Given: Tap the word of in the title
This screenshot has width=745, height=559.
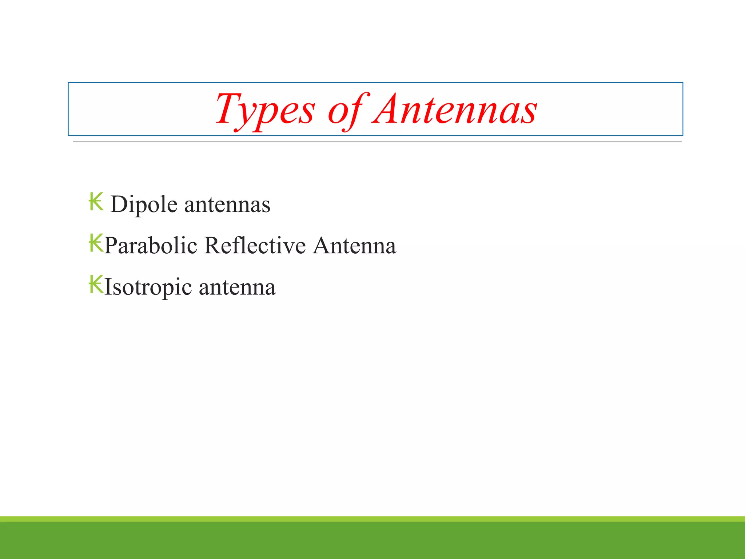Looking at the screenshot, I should click(348, 110).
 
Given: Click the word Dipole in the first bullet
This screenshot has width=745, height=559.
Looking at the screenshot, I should click(144, 205).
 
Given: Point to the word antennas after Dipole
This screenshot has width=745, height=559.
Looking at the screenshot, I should click(227, 205).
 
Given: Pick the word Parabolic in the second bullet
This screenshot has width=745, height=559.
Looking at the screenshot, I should click(151, 246).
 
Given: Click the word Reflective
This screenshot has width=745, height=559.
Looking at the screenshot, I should click(255, 246).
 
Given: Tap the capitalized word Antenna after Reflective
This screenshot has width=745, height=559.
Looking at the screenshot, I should click(354, 246).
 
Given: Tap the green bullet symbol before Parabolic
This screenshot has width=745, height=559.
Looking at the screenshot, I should click(96, 243).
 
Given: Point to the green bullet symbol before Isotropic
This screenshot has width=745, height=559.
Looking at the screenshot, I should click(96, 285).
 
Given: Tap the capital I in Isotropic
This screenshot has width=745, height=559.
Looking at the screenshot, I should click(108, 287).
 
